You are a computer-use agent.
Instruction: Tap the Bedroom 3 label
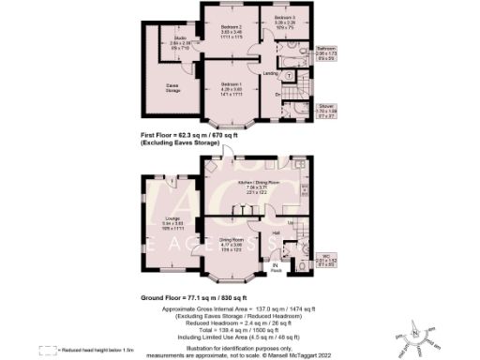[x=285, y=20]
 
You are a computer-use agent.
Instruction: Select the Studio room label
[x=167, y=42]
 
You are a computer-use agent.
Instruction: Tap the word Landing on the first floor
[x=269, y=72]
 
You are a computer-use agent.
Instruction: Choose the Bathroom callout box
[x=326, y=52]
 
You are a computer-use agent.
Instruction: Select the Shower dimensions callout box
[x=326, y=112]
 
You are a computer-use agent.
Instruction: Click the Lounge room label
[x=172, y=221]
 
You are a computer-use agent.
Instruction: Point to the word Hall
[x=277, y=232]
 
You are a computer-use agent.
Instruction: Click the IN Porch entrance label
[x=276, y=270]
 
